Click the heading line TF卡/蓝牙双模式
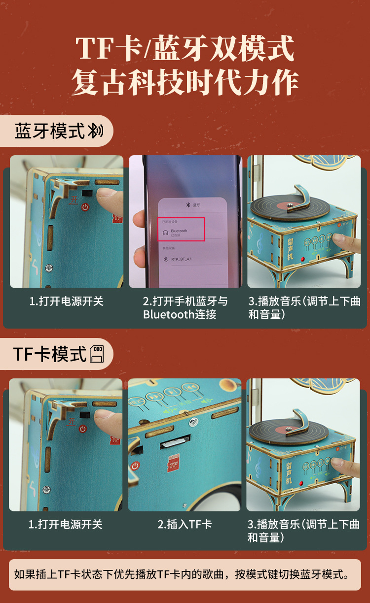[185, 48]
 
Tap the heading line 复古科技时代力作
[185, 82]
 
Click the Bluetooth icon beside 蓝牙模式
[95, 131]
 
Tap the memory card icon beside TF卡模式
[97, 354]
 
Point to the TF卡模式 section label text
[50, 354]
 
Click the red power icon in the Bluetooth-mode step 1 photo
[85, 207]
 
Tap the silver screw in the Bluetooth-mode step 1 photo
[48, 268]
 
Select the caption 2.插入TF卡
[185, 524]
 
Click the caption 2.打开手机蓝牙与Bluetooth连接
[185, 307]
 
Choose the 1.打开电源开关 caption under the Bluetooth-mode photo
[66, 301]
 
